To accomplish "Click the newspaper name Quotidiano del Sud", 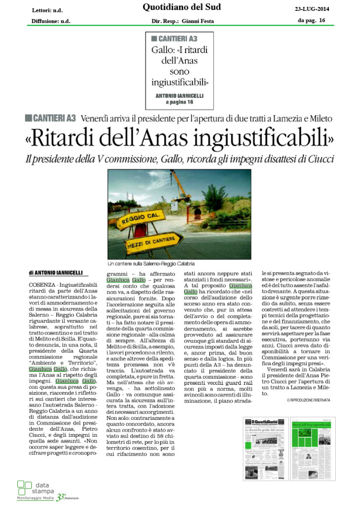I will pos(182,7).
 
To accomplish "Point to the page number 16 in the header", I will pos(322,20).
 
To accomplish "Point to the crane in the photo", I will pos(181,188).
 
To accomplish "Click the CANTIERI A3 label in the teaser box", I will pos(171,39).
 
